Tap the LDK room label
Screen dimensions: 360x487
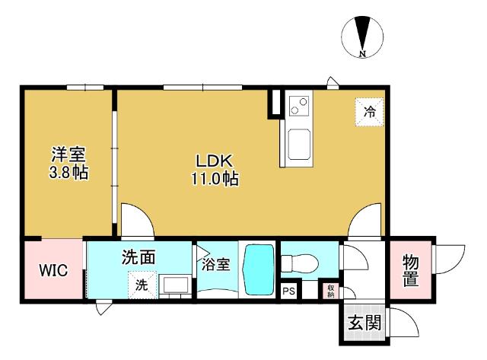[x=215, y=161]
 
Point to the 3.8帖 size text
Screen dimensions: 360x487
[x=68, y=174]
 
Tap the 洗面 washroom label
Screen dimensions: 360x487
[x=139, y=258]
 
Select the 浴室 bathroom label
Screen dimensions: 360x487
[x=215, y=266]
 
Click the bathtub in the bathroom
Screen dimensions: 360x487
[x=258, y=272]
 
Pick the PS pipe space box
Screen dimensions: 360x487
[x=289, y=291]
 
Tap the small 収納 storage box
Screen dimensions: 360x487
[x=330, y=290]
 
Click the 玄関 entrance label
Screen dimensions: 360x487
[x=362, y=323]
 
